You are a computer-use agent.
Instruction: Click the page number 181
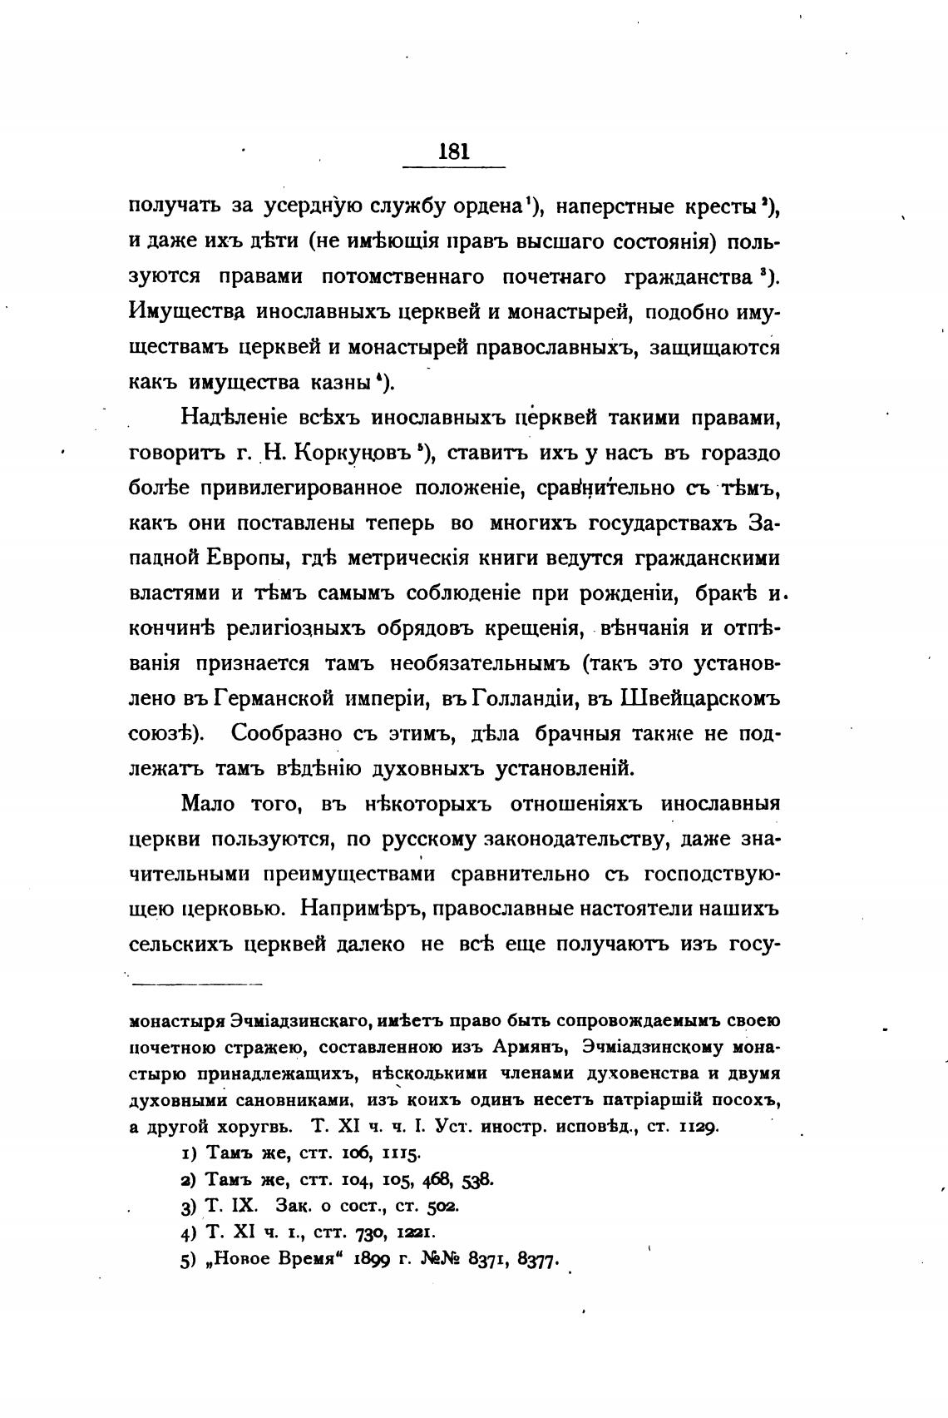tap(453, 151)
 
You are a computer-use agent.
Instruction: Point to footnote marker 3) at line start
tap(188, 1206)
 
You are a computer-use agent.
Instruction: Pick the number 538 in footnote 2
tap(477, 1179)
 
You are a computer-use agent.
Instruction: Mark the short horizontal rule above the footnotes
tap(197, 984)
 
